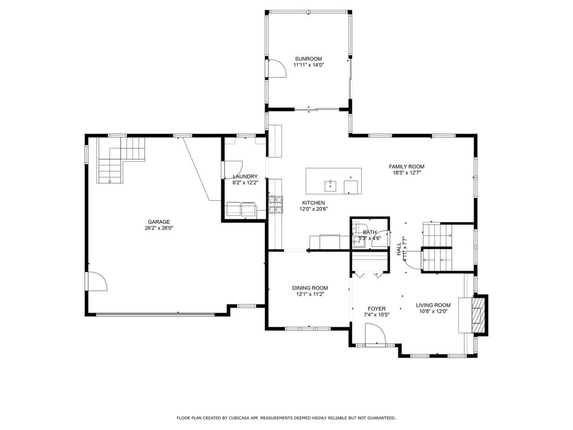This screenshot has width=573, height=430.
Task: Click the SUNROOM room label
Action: click(x=308, y=59)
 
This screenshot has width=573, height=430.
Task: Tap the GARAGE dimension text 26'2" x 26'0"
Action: click(x=158, y=228)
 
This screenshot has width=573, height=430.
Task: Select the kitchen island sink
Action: click(x=330, y=186)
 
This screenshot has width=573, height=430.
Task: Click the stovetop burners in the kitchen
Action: click(x=275, y=205)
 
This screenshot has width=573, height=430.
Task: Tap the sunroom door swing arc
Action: click(x=278, y=68)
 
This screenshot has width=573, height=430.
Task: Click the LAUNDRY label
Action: click(x=245, y=176)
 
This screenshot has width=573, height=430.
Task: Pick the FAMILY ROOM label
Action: click(x=406, y=167)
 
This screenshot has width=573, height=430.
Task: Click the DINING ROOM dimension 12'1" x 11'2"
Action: click(x=310, y=294)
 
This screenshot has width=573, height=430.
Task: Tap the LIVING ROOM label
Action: click(x=433, y=305)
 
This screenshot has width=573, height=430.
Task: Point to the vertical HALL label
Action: click(x=399, y=249)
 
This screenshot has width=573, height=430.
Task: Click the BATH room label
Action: click(x=369, y=232)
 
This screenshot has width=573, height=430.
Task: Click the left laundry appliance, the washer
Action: click(x=234, y=209)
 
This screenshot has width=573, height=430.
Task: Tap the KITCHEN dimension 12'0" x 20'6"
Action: click(x=313, y=209)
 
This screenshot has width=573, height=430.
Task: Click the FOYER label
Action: click(x=376, y=309)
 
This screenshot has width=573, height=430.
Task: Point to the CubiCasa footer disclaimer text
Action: click(x=286, y=418)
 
